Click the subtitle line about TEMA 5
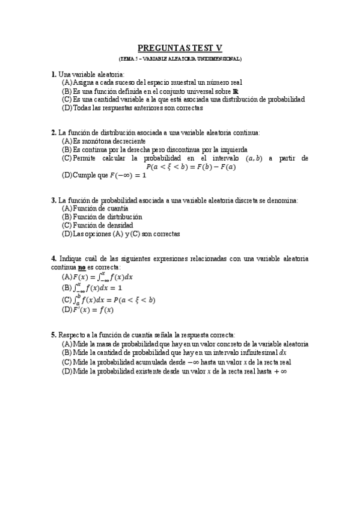[x=180, y=59]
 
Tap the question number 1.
[x=53, y=73]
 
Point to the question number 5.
[x=53, y=334]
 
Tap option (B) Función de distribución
[x=102, y=217]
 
